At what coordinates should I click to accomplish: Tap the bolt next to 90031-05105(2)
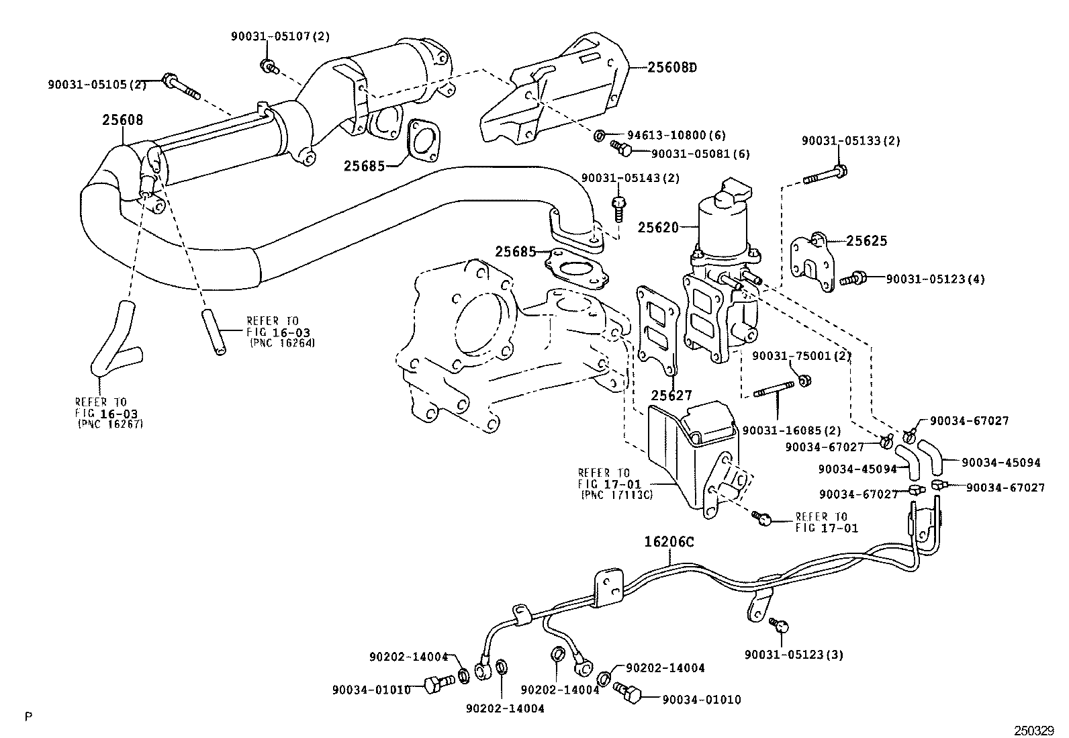point(181,87)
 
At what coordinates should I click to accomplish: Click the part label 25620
point(658,228)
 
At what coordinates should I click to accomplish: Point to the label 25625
point(866,240)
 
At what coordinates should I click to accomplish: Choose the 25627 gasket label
point(671,396)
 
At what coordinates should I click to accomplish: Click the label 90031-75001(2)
point(801,356)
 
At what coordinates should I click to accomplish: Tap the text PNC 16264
point(282,342)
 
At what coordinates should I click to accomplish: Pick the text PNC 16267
point(111,424)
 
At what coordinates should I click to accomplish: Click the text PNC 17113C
point(617,495)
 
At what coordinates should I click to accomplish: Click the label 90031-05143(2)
point(630,178)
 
